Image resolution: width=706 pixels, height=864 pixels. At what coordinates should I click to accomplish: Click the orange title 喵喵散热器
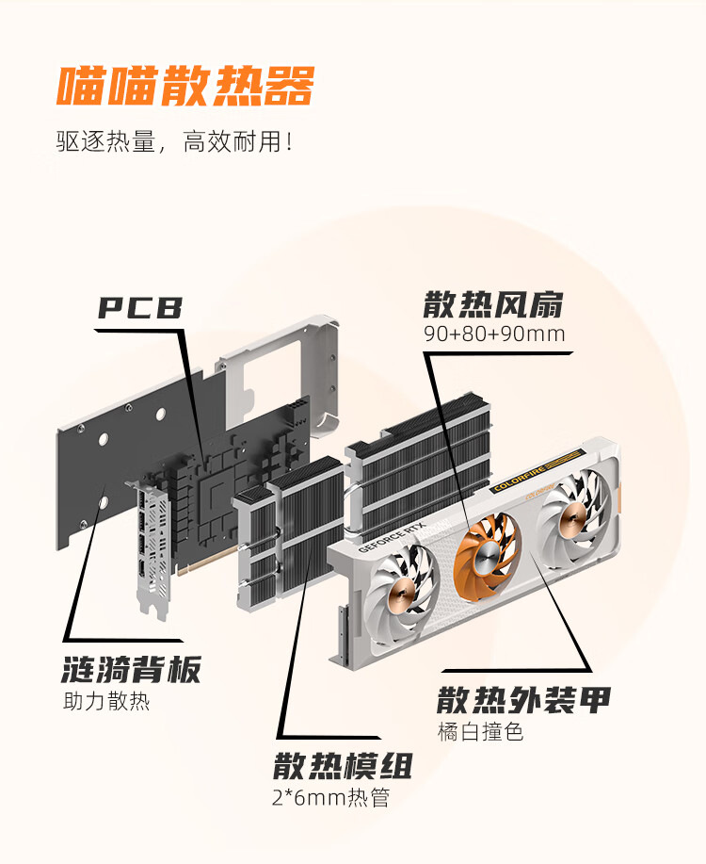(185, 86)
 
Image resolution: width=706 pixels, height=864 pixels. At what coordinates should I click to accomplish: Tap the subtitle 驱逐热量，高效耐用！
(174, 141)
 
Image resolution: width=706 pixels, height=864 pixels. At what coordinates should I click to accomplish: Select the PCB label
(140, 307)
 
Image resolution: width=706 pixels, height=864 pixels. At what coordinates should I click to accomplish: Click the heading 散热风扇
(493, 304)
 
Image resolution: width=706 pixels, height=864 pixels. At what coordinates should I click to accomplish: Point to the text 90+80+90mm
(494, 334)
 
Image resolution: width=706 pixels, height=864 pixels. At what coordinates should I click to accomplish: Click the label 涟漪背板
(131, 670)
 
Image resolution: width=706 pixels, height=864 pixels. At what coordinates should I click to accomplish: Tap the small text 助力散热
(106, 701)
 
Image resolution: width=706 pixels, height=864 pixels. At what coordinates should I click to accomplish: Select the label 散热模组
(343, 766)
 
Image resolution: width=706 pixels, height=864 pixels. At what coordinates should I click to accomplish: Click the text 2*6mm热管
(331, 797)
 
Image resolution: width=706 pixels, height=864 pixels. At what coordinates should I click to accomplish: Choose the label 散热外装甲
(523, 700)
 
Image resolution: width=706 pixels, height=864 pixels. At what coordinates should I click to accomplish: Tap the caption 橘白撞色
(480, 732)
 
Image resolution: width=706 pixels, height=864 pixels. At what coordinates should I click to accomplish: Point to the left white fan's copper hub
(401, 595)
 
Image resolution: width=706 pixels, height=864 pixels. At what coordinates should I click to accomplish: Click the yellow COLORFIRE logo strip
(537, 470)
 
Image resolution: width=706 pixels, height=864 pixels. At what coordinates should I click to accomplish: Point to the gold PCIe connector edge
(209, 562)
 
